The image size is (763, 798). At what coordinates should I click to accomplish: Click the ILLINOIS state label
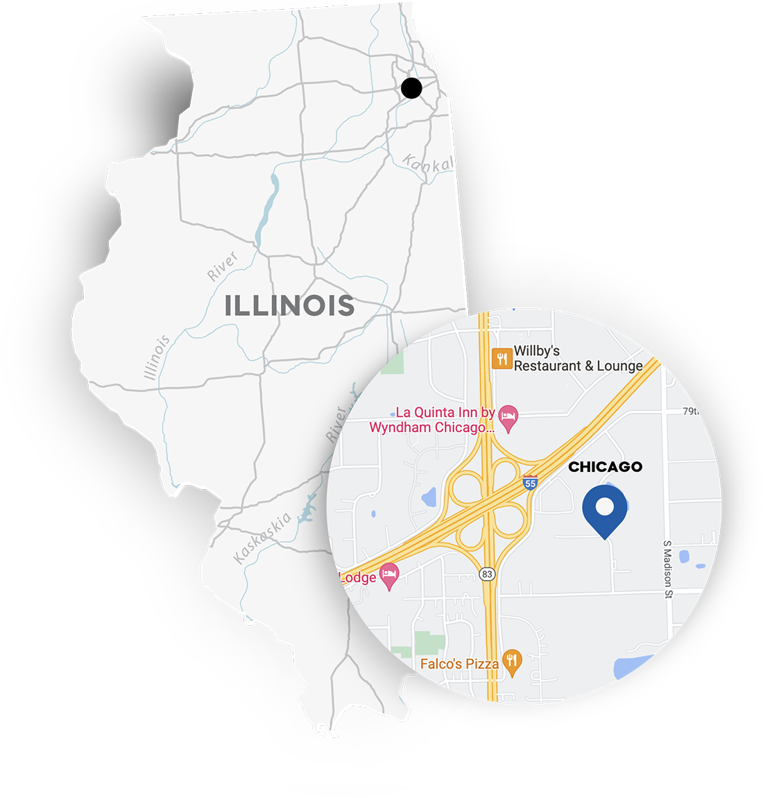[289, 306]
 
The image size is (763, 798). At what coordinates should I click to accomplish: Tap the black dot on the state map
[411, 88]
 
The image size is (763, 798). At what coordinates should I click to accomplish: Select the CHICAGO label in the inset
[605, 467]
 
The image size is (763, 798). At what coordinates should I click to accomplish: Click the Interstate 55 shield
[530, 483]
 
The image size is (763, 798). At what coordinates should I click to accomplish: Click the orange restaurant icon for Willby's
[501, 359]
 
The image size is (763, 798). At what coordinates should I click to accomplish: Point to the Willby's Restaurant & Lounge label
[578, 359]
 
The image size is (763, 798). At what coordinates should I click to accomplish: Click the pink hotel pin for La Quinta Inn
[509, 419]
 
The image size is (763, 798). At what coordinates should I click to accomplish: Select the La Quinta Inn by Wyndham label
[431, 421]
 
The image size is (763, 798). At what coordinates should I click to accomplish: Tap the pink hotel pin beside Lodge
[390, 576]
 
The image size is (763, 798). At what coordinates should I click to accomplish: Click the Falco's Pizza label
[459, 664]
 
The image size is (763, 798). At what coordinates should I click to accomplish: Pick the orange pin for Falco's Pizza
[512, 662]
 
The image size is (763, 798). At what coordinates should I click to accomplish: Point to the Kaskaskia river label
[263, 538]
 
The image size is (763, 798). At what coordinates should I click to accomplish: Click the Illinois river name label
[157, 357]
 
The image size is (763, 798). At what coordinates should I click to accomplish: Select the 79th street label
[691, 411]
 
